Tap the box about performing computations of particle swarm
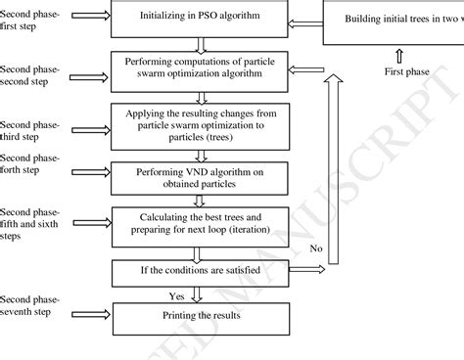point(200,68)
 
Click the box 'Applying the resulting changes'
point(200,120)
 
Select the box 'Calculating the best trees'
point(200,223)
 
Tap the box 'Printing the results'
point(200,315)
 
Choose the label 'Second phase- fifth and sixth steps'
point(31,222)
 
